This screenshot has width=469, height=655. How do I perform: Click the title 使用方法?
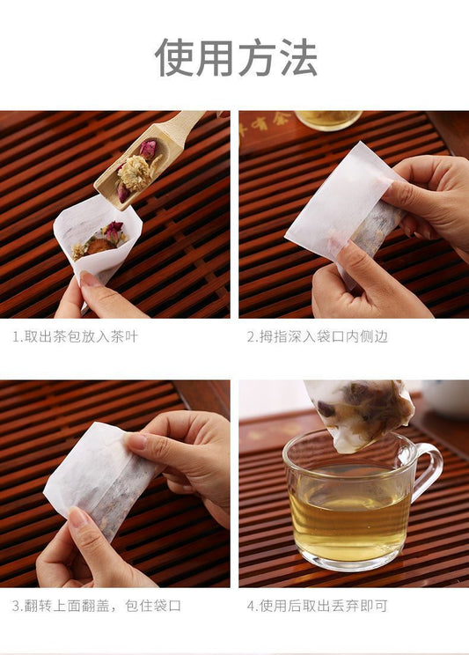[236, 57]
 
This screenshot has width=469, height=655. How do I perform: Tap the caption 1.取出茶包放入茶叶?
[75, 336]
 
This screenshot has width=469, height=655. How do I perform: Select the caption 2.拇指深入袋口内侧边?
[318, 336]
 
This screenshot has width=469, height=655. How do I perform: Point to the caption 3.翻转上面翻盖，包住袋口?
[97, 606]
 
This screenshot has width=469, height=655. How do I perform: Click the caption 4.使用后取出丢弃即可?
[318, 606]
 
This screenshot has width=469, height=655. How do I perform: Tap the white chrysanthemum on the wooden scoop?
[135, 173]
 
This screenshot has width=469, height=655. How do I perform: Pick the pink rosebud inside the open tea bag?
[113, 232]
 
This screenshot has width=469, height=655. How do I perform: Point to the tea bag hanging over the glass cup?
[359, 414]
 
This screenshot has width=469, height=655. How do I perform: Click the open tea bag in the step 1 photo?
[97, 238]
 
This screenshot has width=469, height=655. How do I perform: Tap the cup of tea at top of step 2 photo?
[328, 121]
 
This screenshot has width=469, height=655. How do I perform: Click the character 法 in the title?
[297, 57]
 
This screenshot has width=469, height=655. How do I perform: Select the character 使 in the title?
[173, 57]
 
